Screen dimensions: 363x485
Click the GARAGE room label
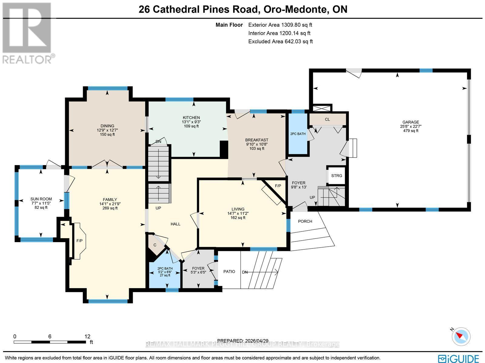point(411,122)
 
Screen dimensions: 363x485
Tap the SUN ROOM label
point(41,199)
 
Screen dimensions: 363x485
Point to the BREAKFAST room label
point(256,140)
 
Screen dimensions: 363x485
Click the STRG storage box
point(336,176)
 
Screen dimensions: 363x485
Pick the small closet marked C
point(155,245)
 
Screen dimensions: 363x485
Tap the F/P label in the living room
point(278,186)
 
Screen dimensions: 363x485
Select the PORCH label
point(305,221)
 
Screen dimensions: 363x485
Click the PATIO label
point(229,271)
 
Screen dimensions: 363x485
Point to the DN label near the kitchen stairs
point(158,142)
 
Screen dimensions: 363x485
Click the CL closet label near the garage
point(327,119)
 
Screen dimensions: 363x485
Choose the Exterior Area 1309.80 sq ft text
point(280,25)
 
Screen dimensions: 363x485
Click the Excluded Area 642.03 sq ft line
point(280,42)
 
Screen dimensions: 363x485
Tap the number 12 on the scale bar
point(87,336)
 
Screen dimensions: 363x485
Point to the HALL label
point(175,224)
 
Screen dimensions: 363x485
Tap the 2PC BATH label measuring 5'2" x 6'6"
point(165,268)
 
